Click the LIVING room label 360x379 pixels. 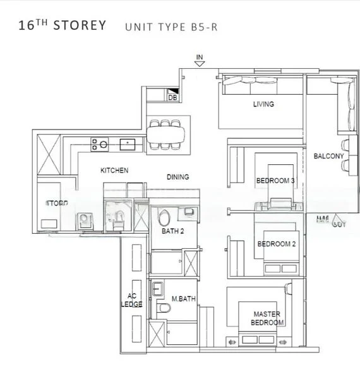[263, 104]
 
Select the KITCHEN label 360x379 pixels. [114, 171]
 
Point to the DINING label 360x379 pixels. [177, 177]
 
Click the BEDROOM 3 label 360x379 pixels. [275, 181]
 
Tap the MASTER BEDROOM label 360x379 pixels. [268, 318]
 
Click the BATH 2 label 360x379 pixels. [172, 231]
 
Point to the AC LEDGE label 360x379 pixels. [132, 299]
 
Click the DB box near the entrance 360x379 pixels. [172, 97]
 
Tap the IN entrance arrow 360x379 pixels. [200, 61]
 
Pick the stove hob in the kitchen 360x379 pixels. [99, 144]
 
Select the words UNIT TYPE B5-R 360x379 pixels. [171, 27]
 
